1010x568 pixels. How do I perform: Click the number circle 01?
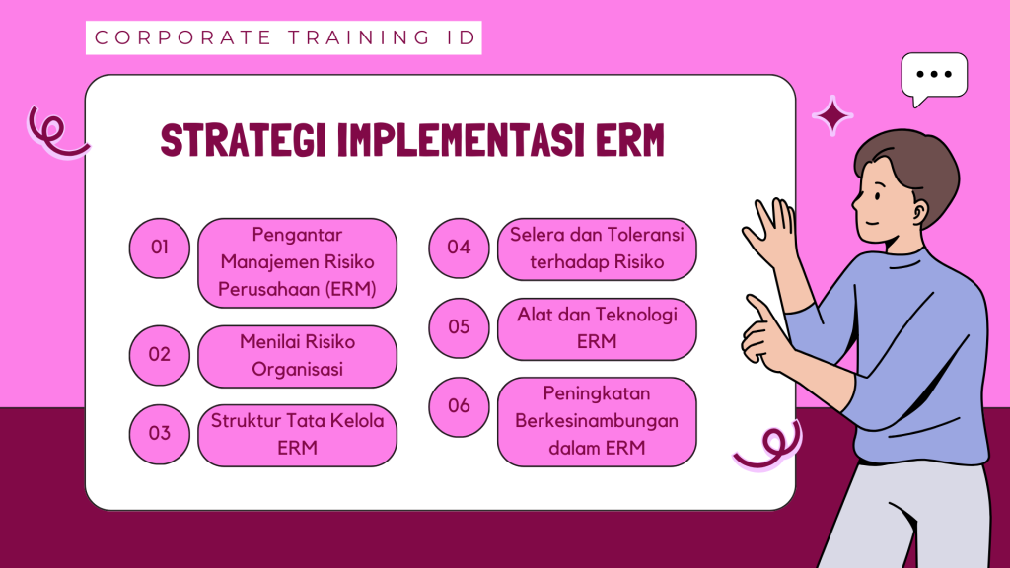point(159,248)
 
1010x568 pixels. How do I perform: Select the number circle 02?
point(159,355)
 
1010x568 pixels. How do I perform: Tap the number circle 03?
point(159,434)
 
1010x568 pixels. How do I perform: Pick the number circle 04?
point(459,248)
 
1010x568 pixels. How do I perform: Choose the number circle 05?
point(459,327)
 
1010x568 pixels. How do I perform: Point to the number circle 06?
point(459,407)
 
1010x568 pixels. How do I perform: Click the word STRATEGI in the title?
point(244,140)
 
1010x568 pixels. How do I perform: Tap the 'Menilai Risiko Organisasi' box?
point(297,356)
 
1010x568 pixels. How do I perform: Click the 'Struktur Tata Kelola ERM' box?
point(297,435)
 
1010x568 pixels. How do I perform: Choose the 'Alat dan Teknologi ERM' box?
point(597,329)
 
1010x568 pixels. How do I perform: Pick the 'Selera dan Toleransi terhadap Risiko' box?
point(597,249)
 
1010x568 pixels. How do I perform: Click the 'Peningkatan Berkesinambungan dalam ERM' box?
point(597,422)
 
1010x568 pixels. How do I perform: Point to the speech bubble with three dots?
point(934,76)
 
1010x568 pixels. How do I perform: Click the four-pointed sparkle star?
point(832,116)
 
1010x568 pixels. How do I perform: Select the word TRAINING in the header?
point(359,37)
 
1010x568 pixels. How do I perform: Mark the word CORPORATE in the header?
point(182,37)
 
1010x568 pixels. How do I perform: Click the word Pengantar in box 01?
point(297,235)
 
